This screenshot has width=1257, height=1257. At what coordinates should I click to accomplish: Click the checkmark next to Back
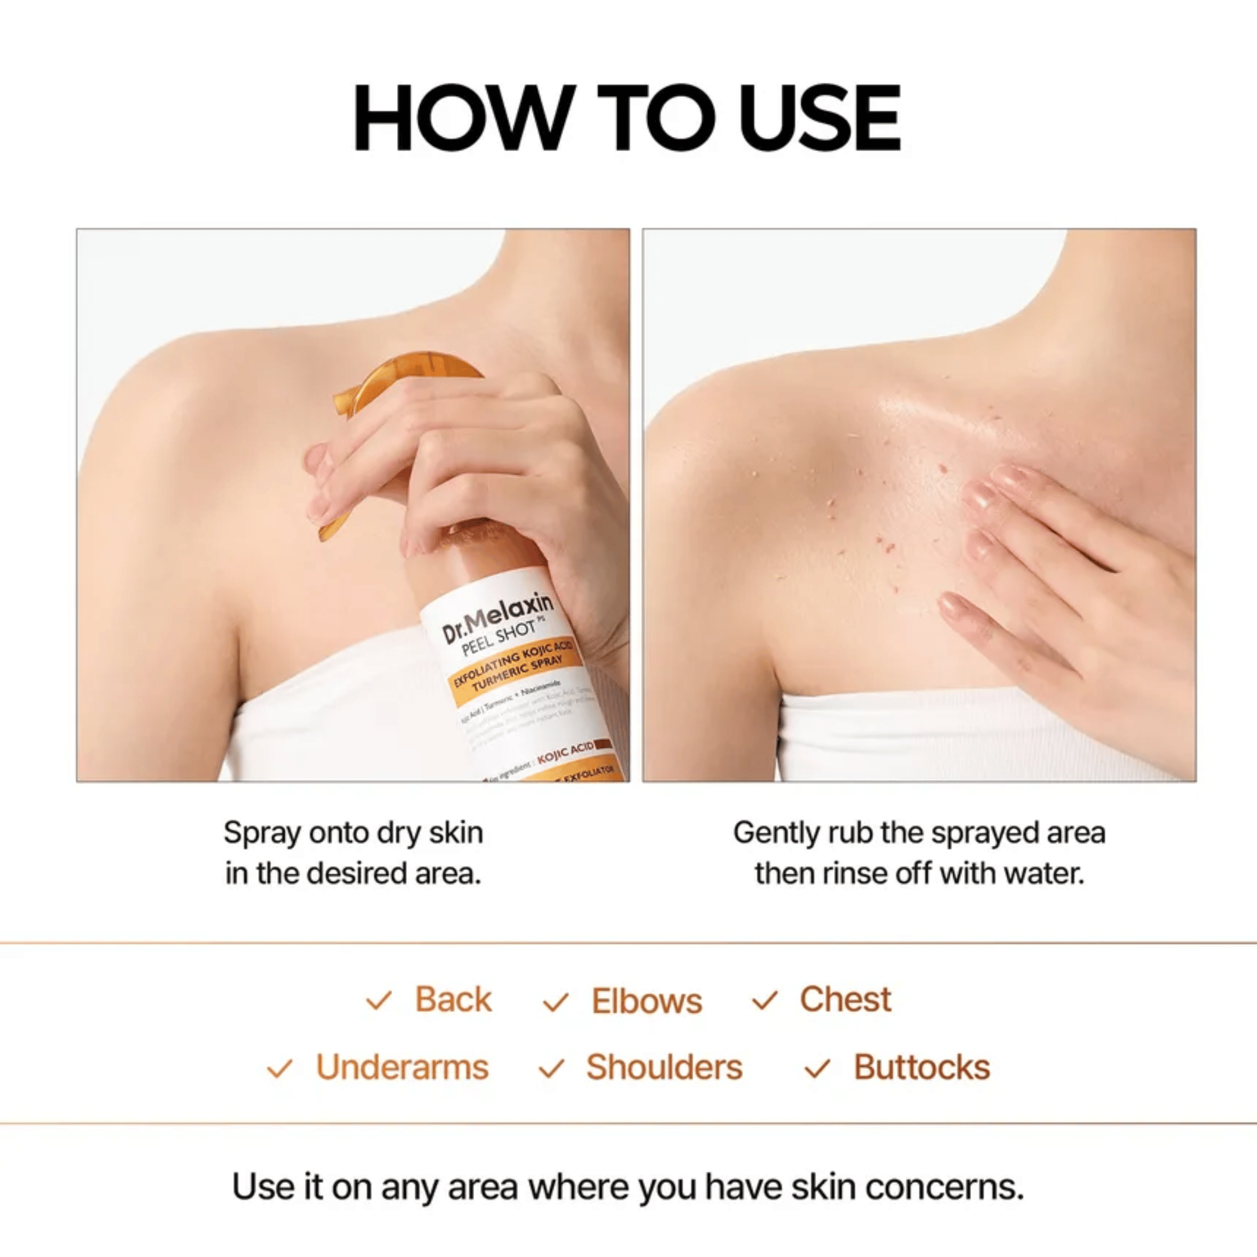click(378, 1001)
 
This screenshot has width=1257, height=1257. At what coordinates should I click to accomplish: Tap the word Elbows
click(647, 1001)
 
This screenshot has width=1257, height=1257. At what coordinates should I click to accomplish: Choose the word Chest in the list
click(845, 999)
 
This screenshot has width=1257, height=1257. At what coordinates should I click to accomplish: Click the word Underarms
click(402, 1068)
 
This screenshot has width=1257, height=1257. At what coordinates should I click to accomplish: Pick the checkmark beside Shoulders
click(551, 1068)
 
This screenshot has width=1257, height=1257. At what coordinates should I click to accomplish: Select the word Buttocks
click(921, 1068)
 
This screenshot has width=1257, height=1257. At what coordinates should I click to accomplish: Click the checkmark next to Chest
click(764, 1001)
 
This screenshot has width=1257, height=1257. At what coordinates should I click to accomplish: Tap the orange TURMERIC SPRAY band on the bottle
click(514, 674)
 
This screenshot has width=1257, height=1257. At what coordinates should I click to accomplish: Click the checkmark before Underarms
click(279, 1069)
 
